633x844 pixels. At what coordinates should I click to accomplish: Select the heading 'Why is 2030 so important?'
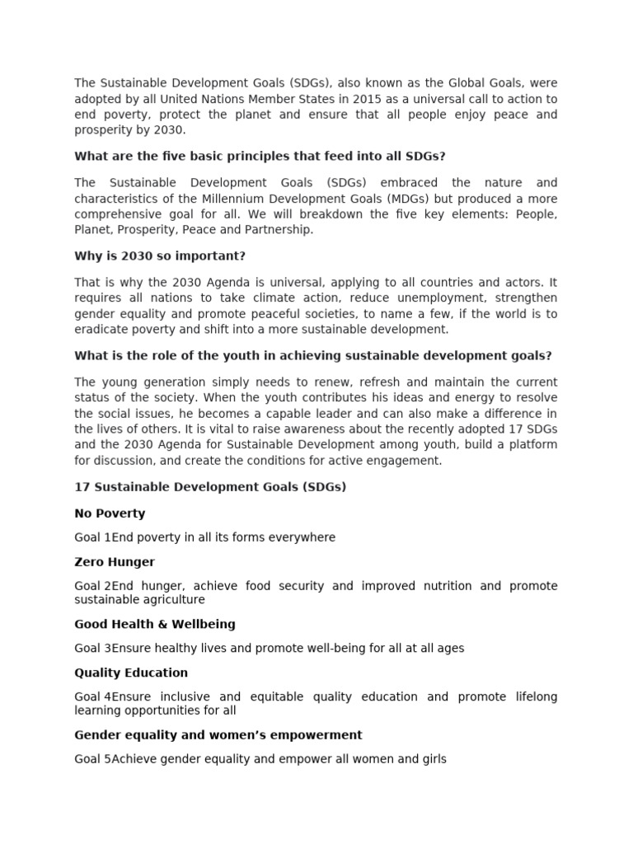pyautogui.click(x=160, y=256)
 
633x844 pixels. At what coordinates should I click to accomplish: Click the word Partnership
pyautogui.click(x=279, y=230)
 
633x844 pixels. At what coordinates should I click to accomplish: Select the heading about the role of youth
pyautogui.click(x=312, y=355)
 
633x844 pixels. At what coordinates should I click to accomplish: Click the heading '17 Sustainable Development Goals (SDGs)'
pyautogui.click(x=210, y=487)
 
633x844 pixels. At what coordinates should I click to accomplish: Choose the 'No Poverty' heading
pyautogui.click(x=110, y=513)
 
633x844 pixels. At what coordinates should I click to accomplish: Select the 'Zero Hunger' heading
pyautogui.click(x=115, y=562)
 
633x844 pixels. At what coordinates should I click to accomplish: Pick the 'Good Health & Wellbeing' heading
pyautogui.click(x=155, y=624)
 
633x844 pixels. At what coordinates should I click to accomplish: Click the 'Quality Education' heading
pyautogui.click(x=131, y=673)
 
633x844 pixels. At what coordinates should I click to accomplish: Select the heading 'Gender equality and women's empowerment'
pyautogui.click(x=218, y=734)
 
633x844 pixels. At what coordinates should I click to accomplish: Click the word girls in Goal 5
pyautogui.click(x=431, y=758)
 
